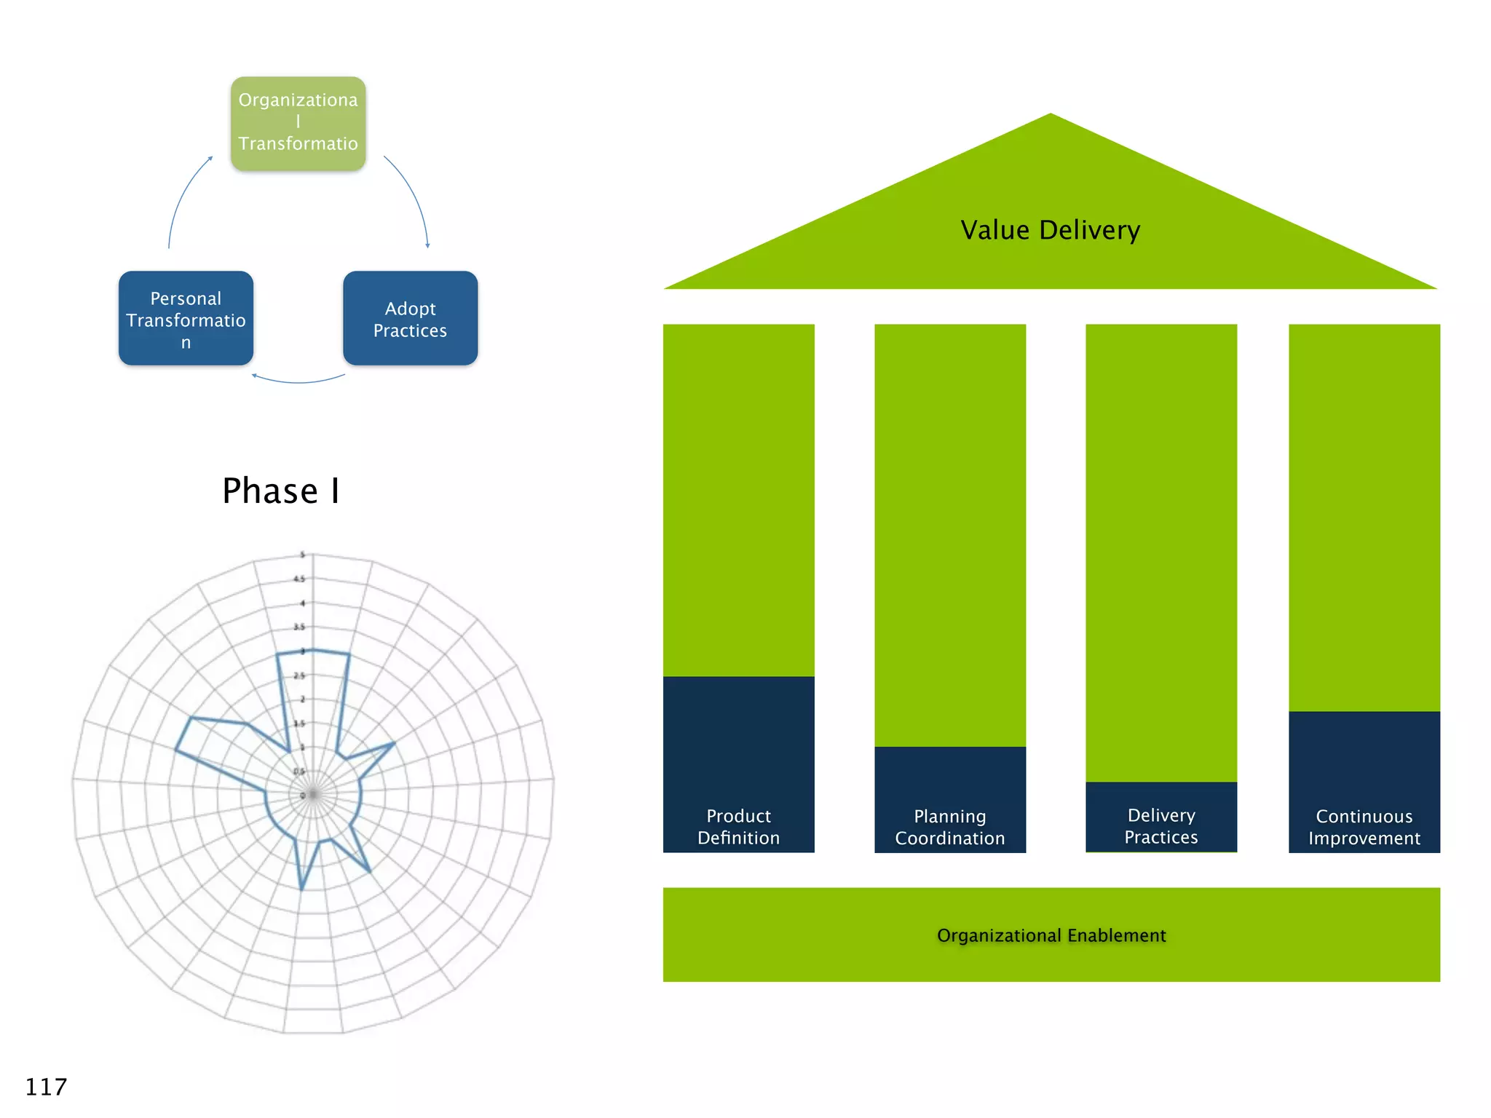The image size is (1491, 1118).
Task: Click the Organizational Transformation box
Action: [x=298, y=124]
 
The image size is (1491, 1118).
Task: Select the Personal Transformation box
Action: [x=186, y=319]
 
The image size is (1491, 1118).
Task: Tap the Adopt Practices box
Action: [x=410, y=319]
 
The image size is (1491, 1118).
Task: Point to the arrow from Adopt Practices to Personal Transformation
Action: [x=298, y=381]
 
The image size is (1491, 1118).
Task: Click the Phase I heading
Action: [x=281, y=491]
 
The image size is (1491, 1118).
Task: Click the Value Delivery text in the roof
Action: [x=1050, y=230]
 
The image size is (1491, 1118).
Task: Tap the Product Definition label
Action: [x=738, y=827]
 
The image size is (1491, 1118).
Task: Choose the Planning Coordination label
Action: [x=949, y=828]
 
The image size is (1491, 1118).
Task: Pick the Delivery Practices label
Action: [x=1160, y=826]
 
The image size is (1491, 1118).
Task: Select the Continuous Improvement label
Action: [x=1364, y=828]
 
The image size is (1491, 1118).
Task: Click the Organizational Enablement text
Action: [x=1051, y=935]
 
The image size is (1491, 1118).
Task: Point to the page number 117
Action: [x=46, y=1087]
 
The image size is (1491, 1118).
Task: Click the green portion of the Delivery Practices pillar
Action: [x=1160, y=553]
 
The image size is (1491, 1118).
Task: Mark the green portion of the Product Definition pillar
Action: [x=738, y=501]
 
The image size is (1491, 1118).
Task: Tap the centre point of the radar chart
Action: [x=313, y=795]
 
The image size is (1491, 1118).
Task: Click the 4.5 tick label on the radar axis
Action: [x=299, y=579]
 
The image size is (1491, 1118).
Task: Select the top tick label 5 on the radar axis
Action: [x=303, y=555]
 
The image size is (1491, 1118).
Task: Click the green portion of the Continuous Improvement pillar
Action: [x=1364, y=517]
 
